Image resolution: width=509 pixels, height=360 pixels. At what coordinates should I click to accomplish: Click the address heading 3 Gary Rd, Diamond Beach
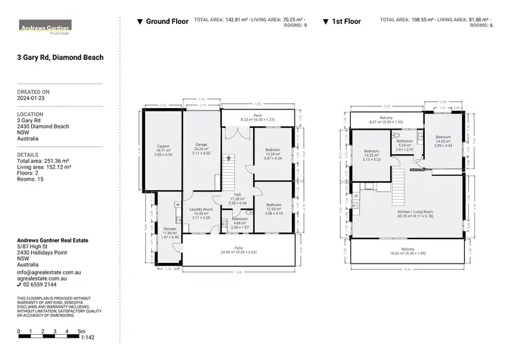tap(60, 58)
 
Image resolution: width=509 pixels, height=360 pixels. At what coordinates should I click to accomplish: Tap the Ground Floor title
tap(167, 22)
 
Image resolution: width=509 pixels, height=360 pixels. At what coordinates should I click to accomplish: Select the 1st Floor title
tap(346, 22)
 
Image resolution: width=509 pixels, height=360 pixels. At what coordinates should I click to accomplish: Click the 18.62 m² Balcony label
tap(407, 250)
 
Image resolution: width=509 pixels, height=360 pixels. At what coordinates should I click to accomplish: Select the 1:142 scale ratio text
tap(88, 338)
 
